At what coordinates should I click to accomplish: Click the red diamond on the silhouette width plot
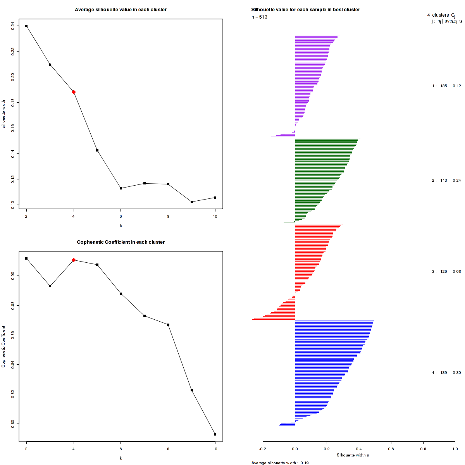(74, 92)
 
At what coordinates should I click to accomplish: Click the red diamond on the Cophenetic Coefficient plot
(74, 260)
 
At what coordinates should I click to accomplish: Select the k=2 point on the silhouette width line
(26, 26)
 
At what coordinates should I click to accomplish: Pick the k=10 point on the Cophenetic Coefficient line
(215, 434)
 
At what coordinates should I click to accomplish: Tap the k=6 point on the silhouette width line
(121, 188)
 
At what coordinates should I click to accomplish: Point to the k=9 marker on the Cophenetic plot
(192, 390)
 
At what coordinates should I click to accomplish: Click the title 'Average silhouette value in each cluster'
(121, 10)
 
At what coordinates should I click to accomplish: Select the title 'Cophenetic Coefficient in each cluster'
(121, 242)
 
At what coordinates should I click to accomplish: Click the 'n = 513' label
(259, 17)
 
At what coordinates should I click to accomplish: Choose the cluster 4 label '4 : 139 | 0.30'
(446, 373)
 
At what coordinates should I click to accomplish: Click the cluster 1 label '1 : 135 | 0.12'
(446, 86)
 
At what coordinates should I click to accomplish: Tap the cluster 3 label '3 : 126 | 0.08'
(446, 272)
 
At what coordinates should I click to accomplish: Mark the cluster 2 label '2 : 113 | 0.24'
(446, 181)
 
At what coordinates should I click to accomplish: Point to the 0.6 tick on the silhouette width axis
(391, 449)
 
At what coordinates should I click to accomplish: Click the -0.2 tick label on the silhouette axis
(263, 449)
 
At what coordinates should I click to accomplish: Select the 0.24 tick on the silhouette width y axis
(13, 25)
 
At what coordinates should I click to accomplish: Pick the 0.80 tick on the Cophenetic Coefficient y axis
(13, 424)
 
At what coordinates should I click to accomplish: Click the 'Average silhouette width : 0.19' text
(280, 463)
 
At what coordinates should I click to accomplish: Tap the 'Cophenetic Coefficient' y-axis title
(3, 346)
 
